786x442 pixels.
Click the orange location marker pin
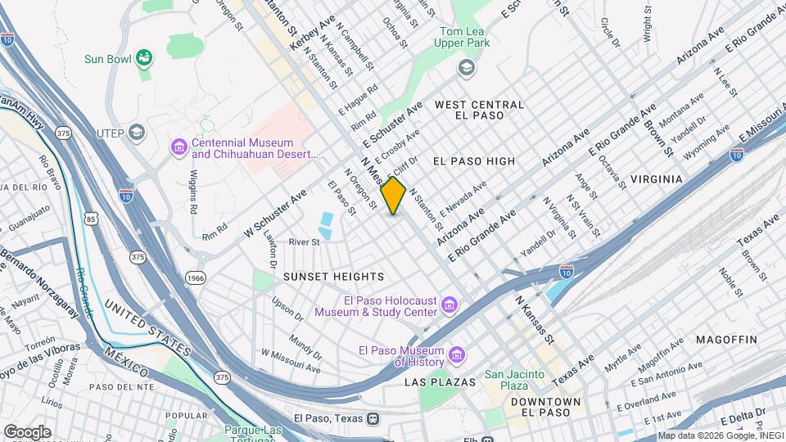pos(394,196)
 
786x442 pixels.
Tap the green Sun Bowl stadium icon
pos(145,57)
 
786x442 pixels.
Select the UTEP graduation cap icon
pos(137,132)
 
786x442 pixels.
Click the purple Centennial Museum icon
pos(178,147)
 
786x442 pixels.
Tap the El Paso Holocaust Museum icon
pos(449,306)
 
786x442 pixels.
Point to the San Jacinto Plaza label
pos(514,381)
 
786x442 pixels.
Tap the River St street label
pos(303,241)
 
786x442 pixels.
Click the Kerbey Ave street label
pos(302,30)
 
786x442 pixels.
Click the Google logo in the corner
pos(26,431)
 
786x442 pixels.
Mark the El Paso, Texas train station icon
pos(373,417)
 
